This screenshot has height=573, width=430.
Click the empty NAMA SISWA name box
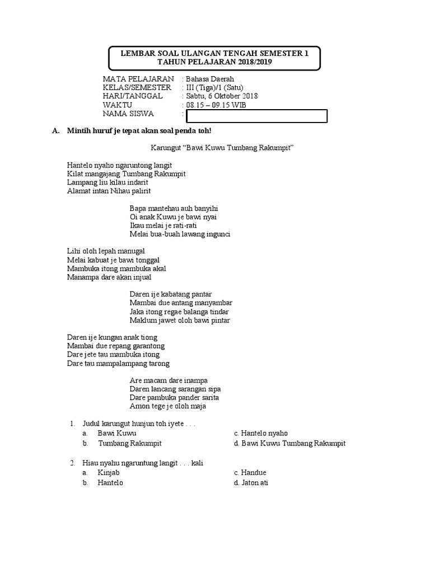(256, 116)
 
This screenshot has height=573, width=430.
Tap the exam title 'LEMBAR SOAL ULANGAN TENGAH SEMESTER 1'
(214, 54)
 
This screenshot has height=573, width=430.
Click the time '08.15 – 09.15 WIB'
(216, 105)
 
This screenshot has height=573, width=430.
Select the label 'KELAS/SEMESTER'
(137, 88)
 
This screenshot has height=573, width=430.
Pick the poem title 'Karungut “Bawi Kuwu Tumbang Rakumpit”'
(222, 148)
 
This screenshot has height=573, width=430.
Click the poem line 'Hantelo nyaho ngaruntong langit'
(119, 165)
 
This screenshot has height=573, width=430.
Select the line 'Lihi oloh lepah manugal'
(106, 251)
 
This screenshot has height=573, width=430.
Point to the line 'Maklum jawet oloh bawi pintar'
(179, 321)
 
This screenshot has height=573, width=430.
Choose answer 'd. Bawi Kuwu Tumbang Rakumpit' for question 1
(289, 443)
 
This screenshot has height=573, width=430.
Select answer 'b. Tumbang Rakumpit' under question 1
(129, 443)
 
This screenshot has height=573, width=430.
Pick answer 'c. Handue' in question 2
(250, 473)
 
